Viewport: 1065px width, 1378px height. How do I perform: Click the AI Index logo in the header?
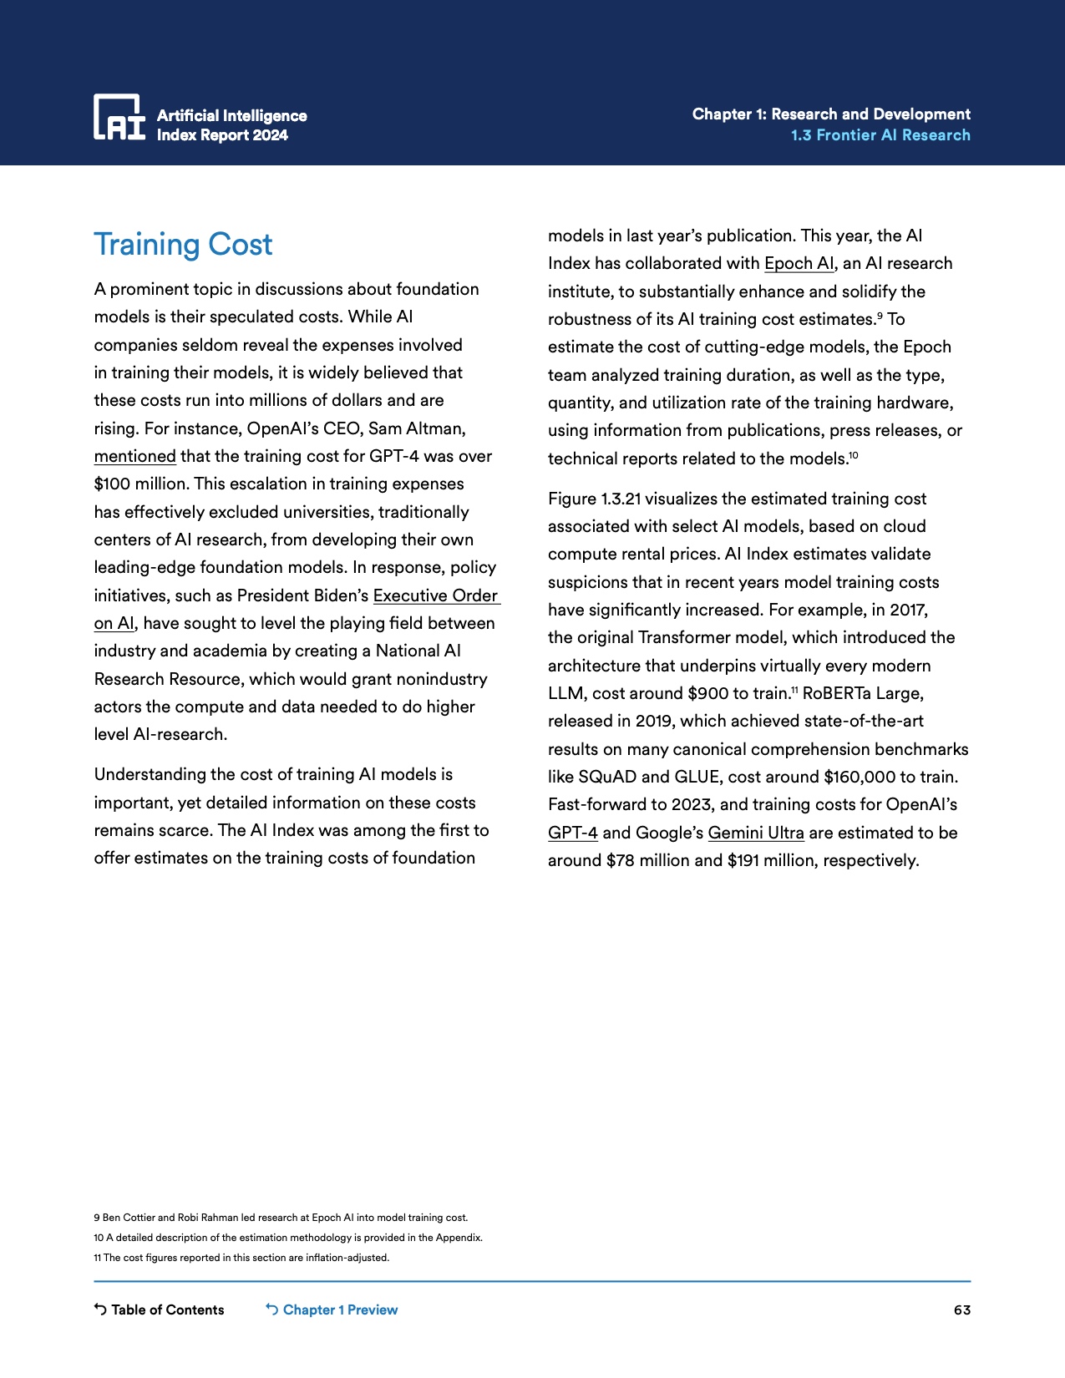[x=119, y=117]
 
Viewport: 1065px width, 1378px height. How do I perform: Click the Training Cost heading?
[x=183, y=245]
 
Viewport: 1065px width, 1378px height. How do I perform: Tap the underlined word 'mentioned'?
[x=134, y=456]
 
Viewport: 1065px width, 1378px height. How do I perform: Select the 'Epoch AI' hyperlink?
[x=799, y=263]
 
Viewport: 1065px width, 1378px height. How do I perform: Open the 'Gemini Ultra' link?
[x=755, y=833]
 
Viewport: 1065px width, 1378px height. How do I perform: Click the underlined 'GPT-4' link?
[x=572, y=833]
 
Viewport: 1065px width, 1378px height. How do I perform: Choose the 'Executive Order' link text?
[x=435, y=595]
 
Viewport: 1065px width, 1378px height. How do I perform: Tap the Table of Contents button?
[x=159, y=1310]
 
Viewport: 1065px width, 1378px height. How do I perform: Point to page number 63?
[x=961, y=1310]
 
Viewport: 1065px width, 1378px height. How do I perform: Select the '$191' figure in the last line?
[x=743, y=860]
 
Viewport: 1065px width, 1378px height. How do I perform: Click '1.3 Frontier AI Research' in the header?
[x=880, y=135]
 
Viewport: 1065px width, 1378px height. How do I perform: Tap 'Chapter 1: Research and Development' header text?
[x=831, y=114]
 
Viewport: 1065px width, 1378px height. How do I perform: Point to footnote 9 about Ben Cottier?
[x=281, y=1218]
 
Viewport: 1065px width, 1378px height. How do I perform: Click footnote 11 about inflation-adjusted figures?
[x=241, y=1258]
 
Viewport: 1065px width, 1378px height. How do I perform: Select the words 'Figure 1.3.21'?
[x=594, y=499]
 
